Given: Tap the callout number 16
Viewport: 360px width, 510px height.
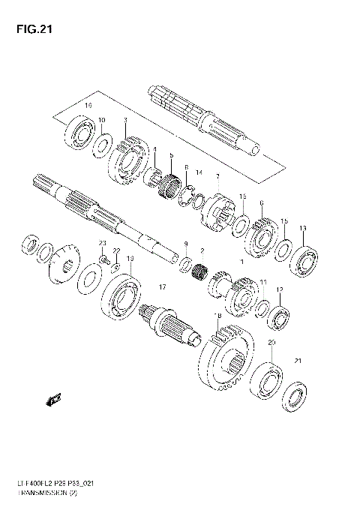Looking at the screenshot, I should click(88, 106).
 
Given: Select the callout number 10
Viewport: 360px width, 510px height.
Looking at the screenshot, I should click(102, 121).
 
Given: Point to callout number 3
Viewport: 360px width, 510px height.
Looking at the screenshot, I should click(124, 121).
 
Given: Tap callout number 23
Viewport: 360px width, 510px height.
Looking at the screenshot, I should click(103, 243).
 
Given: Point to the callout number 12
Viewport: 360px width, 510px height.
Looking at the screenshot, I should click(280, 290).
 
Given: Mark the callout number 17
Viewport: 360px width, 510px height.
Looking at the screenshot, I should click(160, 286).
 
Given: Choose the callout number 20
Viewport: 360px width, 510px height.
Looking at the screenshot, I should click(271, 342).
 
